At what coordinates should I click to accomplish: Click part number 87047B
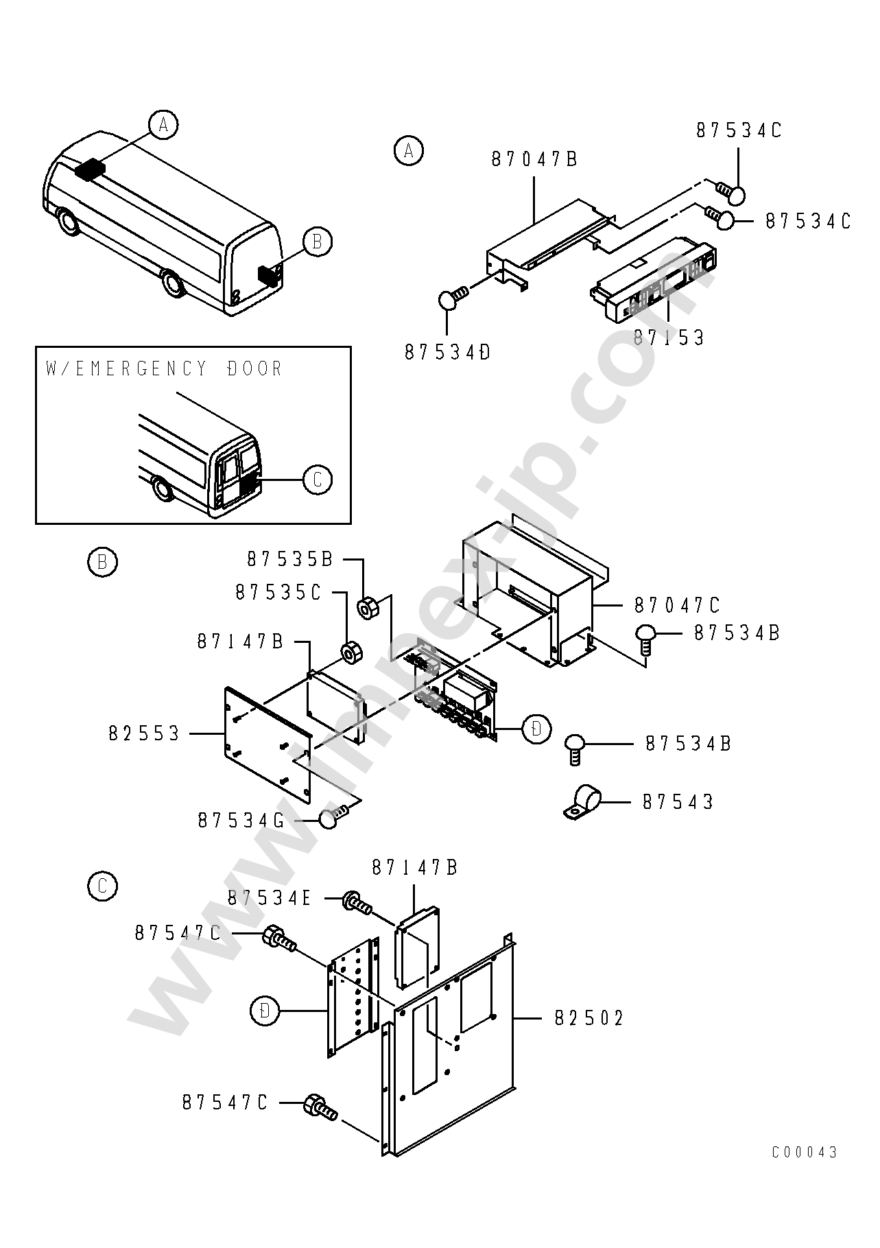534,159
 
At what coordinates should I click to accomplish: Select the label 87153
669,338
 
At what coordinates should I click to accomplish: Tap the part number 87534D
447,353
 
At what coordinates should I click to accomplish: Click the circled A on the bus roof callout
163,125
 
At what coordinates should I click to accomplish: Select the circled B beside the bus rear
317,242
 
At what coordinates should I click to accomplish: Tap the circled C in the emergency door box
318,480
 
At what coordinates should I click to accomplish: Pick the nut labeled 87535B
367,607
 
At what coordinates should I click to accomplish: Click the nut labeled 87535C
352,653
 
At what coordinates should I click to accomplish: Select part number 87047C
677,605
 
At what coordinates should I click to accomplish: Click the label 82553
144,734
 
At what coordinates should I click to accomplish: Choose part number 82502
590,1019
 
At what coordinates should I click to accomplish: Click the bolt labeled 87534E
357,903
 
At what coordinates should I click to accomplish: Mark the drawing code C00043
805,1152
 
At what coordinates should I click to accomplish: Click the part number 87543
678,802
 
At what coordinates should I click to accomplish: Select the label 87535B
289,560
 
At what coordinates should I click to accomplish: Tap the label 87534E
270,898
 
